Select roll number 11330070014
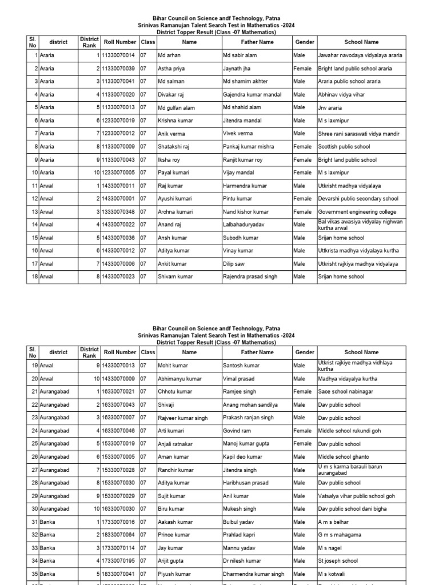tap(119, 55)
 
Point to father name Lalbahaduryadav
tap(244, 225)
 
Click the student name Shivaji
tap(166, 405)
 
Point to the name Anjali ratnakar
tap(175, 444)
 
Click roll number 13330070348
tap(119, 212)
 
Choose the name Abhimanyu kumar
tap(179, 379)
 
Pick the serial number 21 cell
tap(34, 392)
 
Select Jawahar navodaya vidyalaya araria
tap(360, 55)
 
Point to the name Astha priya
tap(172, 69)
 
